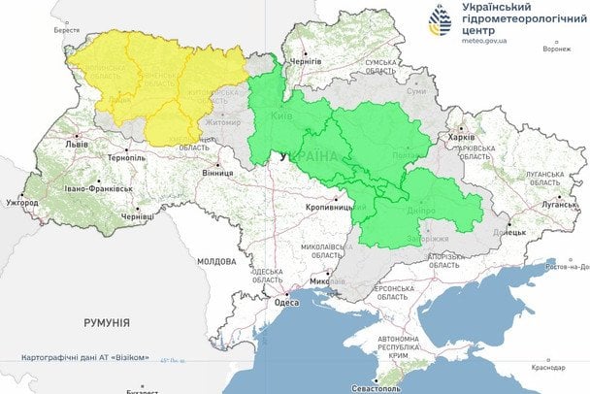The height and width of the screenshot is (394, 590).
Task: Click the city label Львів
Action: click(75, 144)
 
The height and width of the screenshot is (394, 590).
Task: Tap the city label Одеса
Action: click(287, 302)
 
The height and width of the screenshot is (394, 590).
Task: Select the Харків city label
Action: click(461, 138)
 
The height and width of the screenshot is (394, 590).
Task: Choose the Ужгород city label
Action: click(21, 203)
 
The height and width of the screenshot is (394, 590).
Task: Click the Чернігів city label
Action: click(306, 60)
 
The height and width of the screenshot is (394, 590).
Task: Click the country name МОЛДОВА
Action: click(215, 262)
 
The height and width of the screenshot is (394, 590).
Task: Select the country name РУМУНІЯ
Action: click(107, 321)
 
